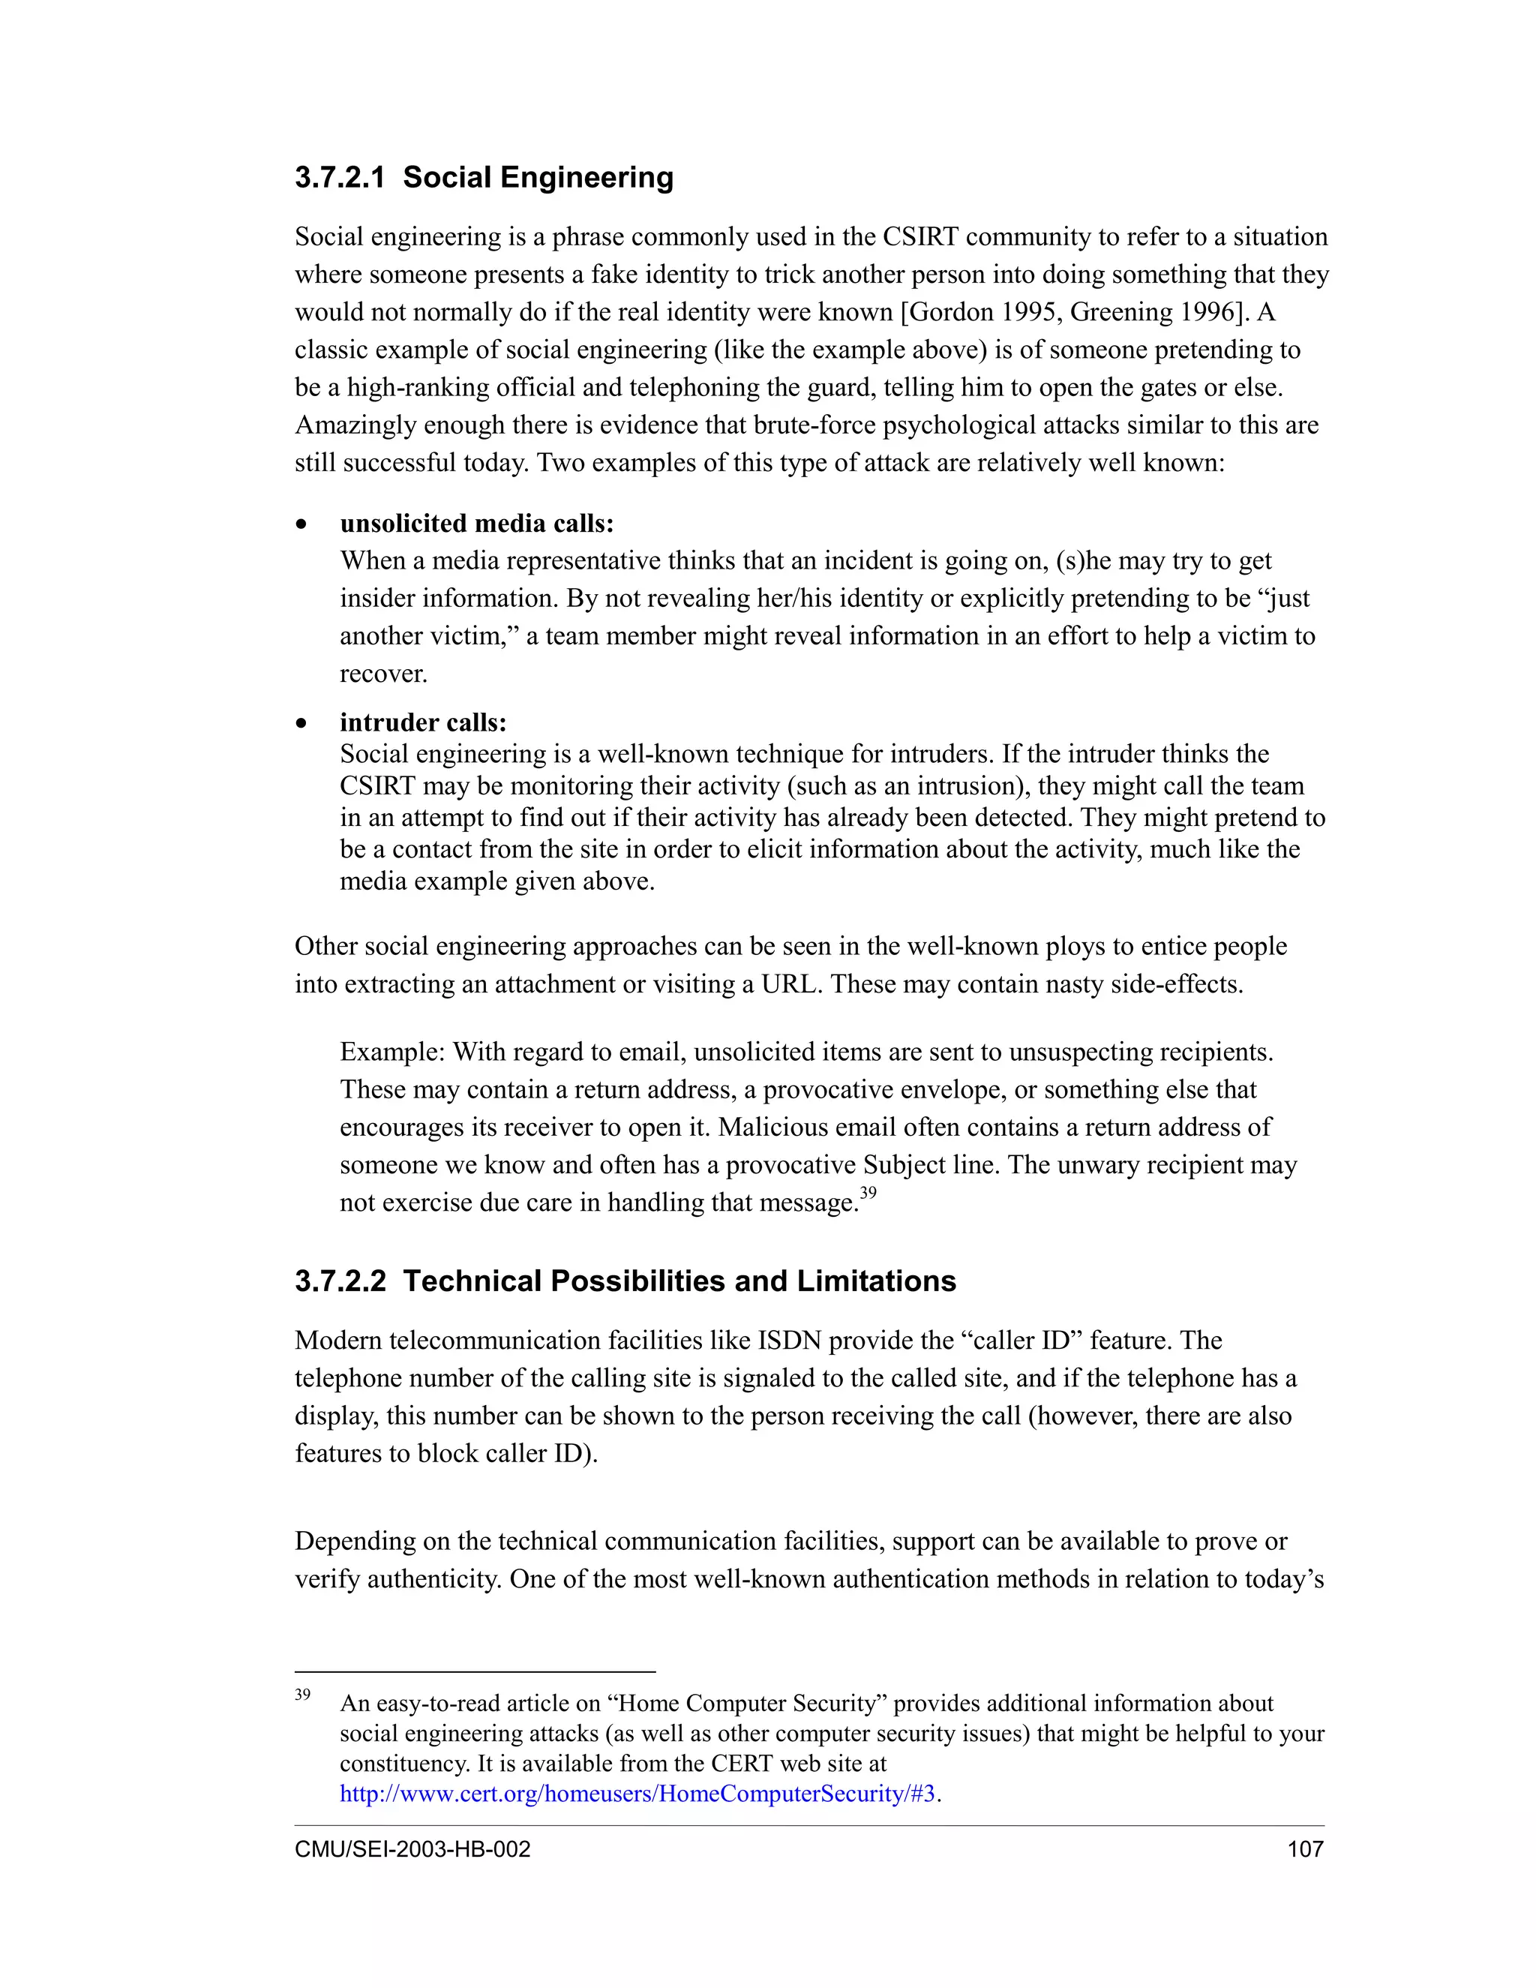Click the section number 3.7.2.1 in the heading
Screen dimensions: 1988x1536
340,178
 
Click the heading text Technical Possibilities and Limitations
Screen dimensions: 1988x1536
679,1281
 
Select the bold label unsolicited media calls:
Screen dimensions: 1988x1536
477,524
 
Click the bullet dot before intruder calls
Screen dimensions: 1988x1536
301,725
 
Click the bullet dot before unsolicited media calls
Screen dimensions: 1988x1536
301,525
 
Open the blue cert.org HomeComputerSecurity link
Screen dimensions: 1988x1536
637,1794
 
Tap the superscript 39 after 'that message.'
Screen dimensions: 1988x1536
868,1194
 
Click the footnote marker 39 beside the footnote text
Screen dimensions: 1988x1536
302,1695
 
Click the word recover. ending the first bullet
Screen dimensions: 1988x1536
383,674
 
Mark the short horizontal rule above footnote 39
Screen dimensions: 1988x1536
475,1672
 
